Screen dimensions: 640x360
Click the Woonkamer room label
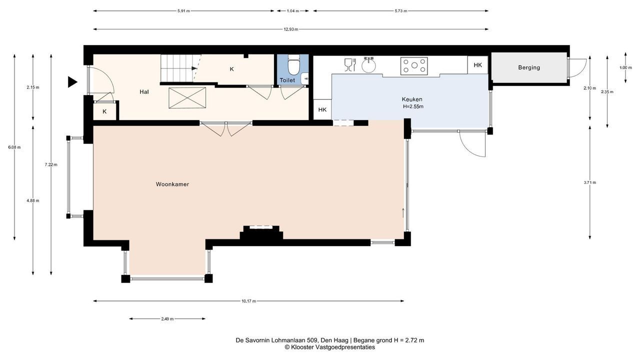(172, 184)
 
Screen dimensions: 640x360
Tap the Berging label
(529, 67)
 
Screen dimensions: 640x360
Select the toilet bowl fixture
(293, 65)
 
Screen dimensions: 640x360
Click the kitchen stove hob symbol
(414, 66)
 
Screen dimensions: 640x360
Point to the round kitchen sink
(368, 65)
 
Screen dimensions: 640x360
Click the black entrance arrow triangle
(72, 82)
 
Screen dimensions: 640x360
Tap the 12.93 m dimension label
(290, 29)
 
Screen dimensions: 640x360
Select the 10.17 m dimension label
(248, 301)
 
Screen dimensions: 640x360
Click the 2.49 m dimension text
(167, 319)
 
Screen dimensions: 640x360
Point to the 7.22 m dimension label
(51, 164)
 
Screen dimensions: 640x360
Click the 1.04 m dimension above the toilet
(293, 11)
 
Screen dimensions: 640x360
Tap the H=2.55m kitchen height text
(413, 106)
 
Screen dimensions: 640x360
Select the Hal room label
(144, 92)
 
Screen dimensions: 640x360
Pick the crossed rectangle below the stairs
(187, 98)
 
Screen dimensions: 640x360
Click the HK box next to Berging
(477, 65)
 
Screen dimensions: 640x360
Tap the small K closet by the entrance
(104, 111)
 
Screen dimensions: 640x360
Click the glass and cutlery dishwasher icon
(350, 65)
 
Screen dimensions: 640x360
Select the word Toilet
(287, 80)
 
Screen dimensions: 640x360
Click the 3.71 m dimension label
(589, 182)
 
